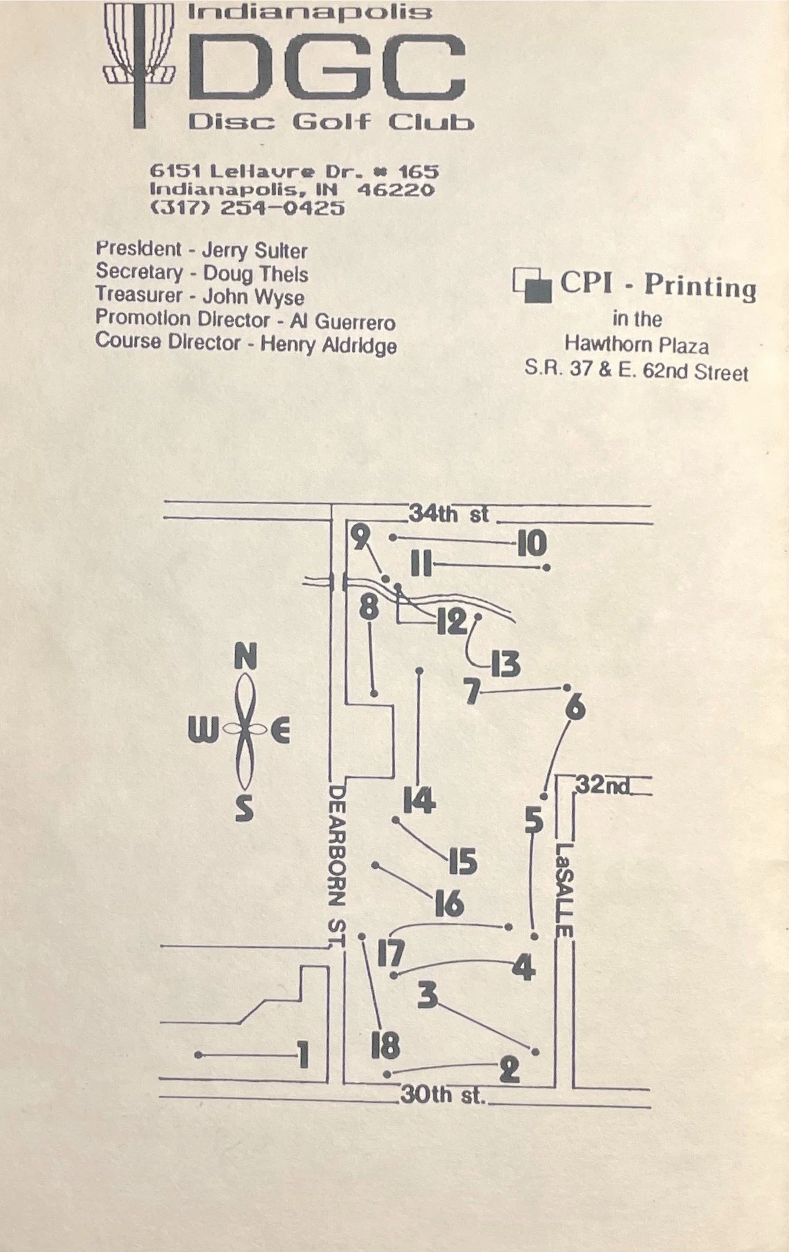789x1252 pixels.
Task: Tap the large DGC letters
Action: [x=330, y=66]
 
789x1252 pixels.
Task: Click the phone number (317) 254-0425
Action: [x=247, y=208]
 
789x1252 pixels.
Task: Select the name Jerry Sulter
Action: [x=255, y=251]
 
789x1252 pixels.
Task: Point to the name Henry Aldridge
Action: [x=328, y=345]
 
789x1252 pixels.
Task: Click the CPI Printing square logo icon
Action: [x=532, y=285]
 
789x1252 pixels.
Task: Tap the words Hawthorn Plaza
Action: [x=636, y=345]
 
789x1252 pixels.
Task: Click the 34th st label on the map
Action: [x=448, y=514]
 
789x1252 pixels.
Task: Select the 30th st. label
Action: [x=443, y=1095]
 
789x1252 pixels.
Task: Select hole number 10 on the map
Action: [x=531, y=544]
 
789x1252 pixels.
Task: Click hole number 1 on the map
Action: [x=303, y=1055]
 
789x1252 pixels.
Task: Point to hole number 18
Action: [x=385, y=1046]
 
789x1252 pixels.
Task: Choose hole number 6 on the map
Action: [x=575, y=708]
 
